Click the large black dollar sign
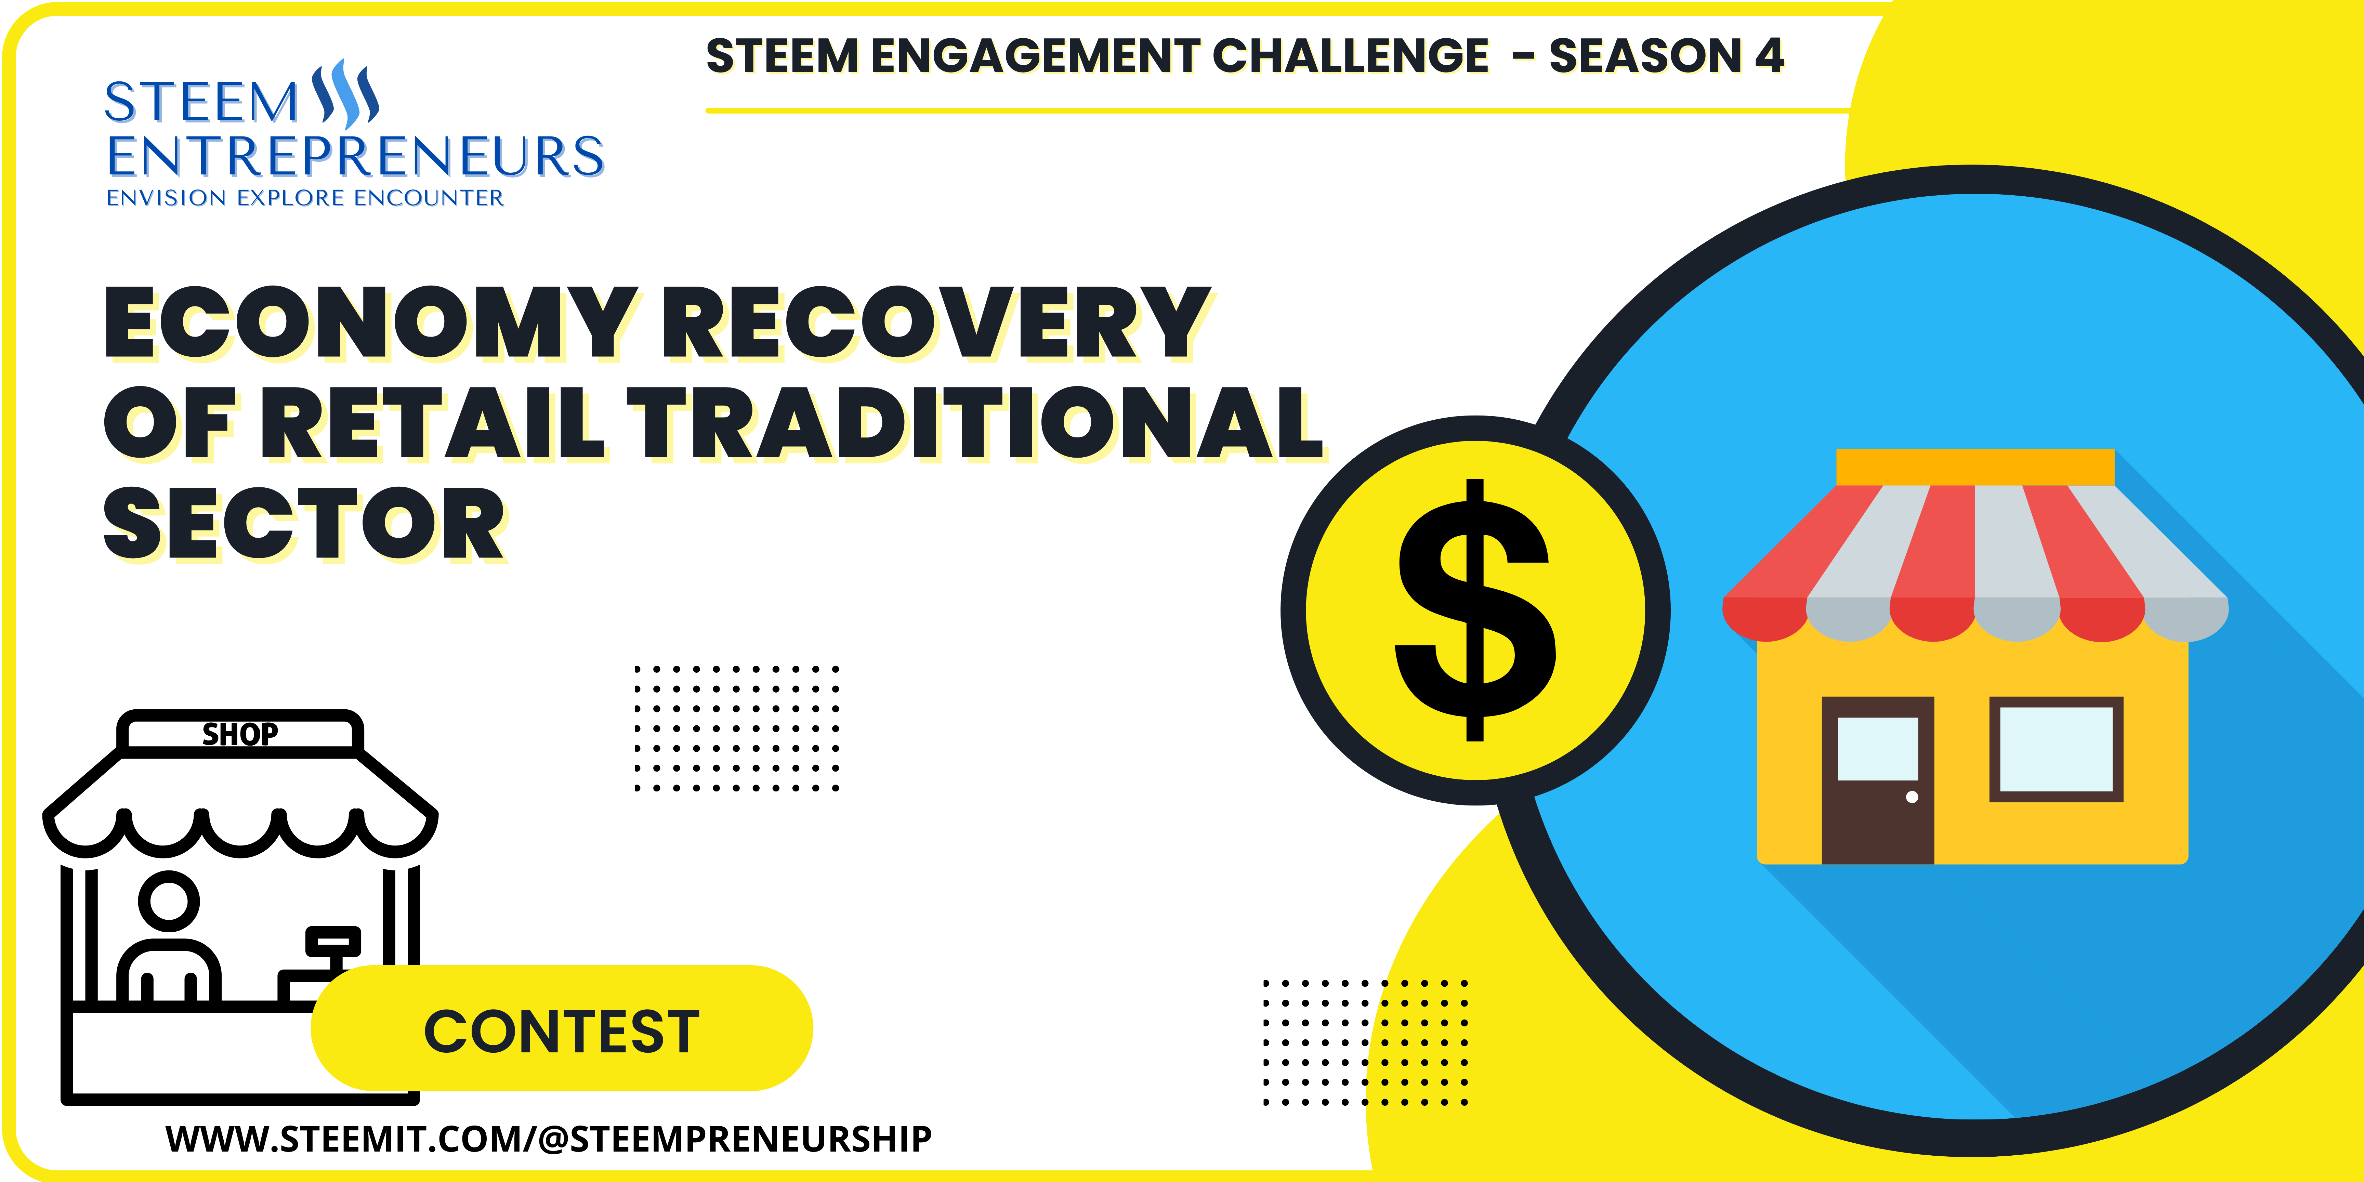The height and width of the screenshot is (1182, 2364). [1475, 610]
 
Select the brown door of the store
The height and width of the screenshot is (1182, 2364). [1878, 780]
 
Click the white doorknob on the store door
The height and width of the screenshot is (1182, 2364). [1912, 797]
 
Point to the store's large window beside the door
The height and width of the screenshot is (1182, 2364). [2056, 749]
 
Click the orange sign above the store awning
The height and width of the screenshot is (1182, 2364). [1975, 467]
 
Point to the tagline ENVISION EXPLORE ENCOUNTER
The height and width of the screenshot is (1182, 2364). [305, 198]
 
